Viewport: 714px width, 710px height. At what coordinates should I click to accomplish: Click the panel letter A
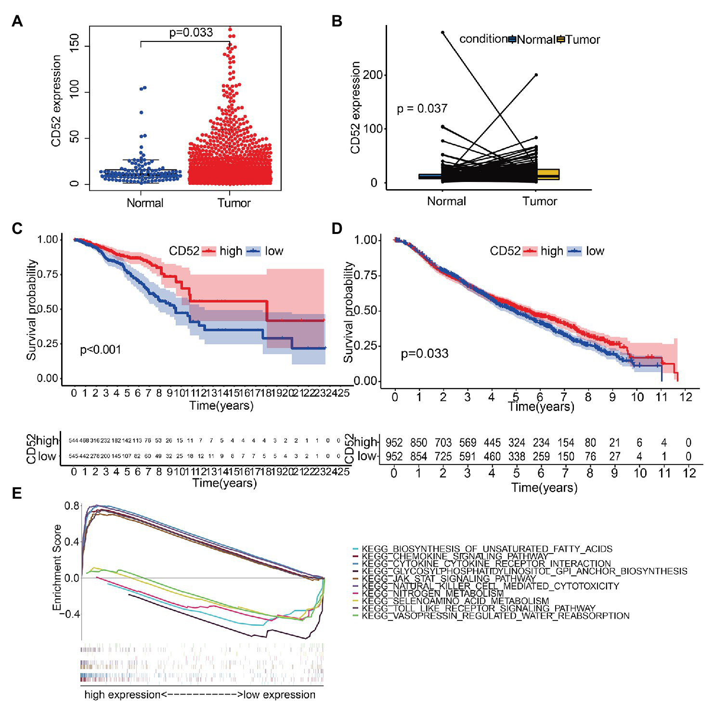[x=17, y=22]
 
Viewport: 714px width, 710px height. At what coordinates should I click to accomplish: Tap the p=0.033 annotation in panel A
[x=191, y=33]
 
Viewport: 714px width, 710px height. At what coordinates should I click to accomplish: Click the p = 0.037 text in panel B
[x=422, y=109]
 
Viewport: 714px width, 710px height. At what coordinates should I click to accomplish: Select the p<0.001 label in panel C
[x=100, y=350]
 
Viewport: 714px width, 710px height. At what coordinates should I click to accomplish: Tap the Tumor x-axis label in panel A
[x=234, y=203]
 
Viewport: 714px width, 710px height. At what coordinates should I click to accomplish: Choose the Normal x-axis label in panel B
[x=446, y=201]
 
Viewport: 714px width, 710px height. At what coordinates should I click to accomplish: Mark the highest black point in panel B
[x=442, y=32]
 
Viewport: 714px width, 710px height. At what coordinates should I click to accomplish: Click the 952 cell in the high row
[x=394, y=443]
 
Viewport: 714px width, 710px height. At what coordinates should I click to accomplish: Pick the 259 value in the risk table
[x=541, y=456]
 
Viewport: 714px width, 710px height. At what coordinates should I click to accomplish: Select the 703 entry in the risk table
[x=443, y=443]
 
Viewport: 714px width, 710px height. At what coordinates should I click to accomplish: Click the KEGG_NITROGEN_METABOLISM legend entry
[x=432, y=594]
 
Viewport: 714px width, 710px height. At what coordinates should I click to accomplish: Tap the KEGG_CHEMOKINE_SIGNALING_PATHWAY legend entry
[x=454, y=556]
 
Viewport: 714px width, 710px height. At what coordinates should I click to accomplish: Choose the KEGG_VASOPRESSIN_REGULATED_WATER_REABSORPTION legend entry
[x=495, y=616]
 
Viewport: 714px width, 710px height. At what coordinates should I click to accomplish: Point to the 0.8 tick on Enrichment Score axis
[x=72, y=506]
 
